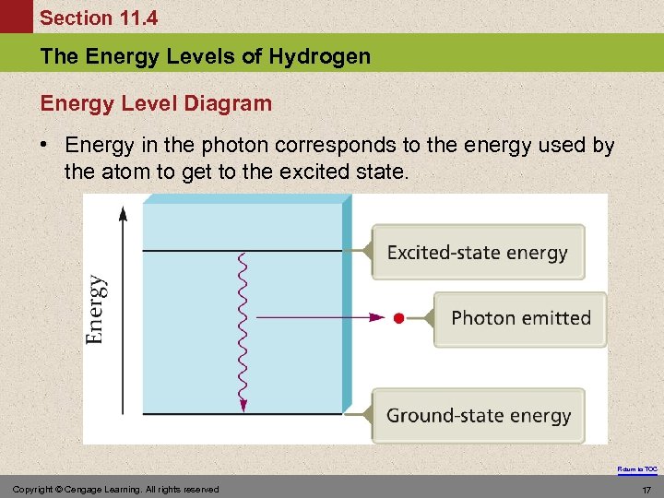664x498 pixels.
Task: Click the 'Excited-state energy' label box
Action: click(x=478, y=252)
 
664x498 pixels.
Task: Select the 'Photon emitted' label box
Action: click(x=521, y=318)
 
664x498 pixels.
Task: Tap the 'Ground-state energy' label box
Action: click(x=479, y=415)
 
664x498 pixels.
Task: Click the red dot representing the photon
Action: click(x=397, y=318)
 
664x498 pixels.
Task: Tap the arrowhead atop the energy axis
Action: click(x=123, y=214)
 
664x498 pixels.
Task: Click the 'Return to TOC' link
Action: click(x=638, y=469)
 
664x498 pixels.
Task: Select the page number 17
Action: click(x=646, y=490)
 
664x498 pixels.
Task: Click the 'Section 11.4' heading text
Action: click(x=99, y=18)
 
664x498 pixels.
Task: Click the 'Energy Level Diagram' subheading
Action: click(x=157, y=103)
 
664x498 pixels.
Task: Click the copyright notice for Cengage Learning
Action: click(x=116, y=490)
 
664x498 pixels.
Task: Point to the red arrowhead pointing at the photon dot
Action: click(x=375, y=318)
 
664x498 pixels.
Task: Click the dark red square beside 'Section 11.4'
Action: click(x=16, y=17)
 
